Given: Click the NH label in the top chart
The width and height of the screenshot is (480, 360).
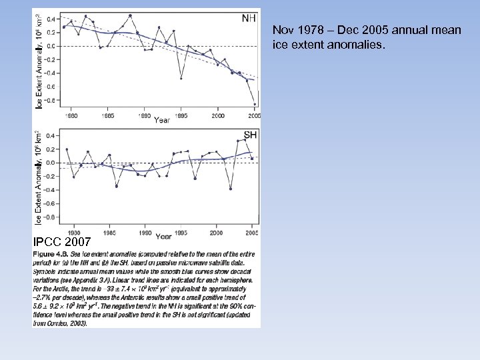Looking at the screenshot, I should pyautogui.click(x=247, y=19).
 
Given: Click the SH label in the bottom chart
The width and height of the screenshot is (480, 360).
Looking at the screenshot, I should pyautogui.click(x=250, y=135).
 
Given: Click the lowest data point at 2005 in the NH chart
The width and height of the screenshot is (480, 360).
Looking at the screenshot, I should pyautogui.click(x=255, y=104).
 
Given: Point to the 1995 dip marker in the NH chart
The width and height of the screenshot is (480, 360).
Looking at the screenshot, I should pyautogui.click(x=181, y=78).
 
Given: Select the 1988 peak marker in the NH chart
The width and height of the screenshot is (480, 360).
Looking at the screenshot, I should pyautogui.click(x=130, y=15).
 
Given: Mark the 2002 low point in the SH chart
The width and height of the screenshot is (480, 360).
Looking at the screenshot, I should pyautogui.click(x=231, y=189).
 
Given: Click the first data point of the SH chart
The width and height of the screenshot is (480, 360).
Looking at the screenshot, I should pyautogui.click(x=67, y=149).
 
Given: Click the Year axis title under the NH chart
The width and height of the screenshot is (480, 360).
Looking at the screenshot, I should pyautogui.click(x=162, y=121).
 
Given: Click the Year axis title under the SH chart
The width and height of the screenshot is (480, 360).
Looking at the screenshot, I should pyautogui.click(x=163, y=237).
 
